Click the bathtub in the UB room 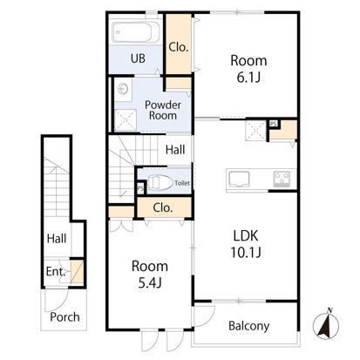point(136,32)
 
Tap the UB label point(138,58)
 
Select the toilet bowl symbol point(159,182)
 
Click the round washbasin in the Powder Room point(123,89)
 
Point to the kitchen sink point(239,180)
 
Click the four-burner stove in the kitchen point(282,179)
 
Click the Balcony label point(248,326)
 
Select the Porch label point(65,316)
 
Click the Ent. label point(55,272)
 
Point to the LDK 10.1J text point(246,244)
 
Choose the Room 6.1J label point(248,69)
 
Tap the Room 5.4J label point(150,275)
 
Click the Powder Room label point(163,110)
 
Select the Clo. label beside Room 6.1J point(179,47)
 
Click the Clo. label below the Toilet point(163,207)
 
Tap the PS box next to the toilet point(140,188)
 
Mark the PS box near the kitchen point(274,124)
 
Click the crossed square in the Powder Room point(126,119)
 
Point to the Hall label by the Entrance point(57,239)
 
